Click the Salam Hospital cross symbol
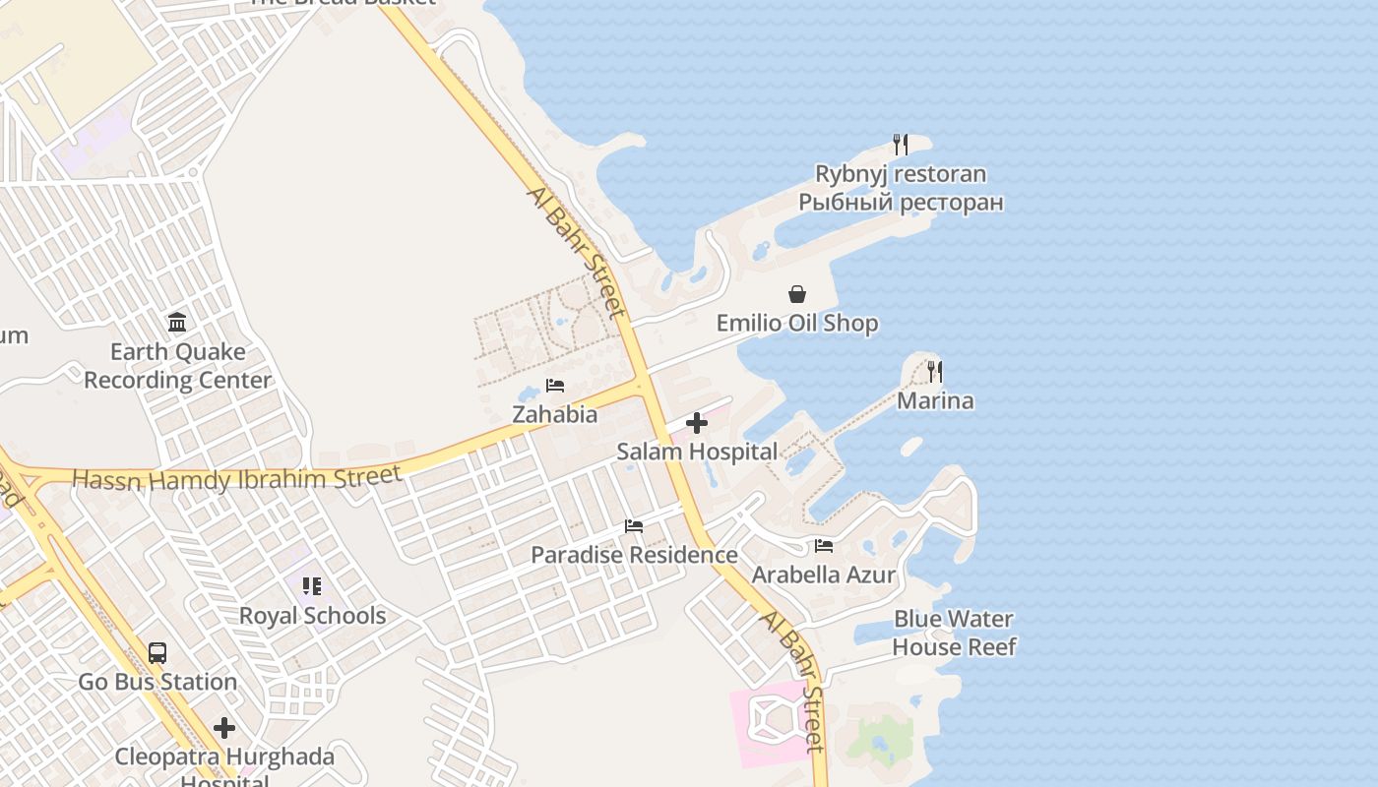697,423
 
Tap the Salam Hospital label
697,452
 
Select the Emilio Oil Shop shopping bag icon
797,294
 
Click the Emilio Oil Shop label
797,323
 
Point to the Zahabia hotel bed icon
555,385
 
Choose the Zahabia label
555,414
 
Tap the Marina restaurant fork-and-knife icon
934,372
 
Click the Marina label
935,400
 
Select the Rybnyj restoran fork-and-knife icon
900,145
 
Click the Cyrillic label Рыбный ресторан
901,203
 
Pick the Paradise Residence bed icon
634,526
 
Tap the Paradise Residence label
634,555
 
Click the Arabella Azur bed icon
824,546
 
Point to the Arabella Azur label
824,575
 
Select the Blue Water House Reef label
954,633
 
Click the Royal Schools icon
312,586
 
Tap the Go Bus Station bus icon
157,652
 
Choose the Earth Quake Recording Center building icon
177,322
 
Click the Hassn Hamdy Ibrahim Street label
237,479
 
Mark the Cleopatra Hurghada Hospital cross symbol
224,728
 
